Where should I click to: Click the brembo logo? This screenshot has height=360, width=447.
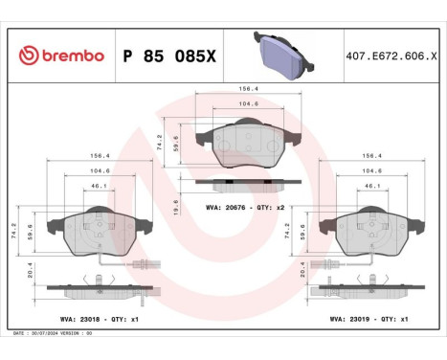61,56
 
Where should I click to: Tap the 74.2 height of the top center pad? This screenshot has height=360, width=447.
161,137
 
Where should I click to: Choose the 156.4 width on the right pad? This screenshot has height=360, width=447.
372,154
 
